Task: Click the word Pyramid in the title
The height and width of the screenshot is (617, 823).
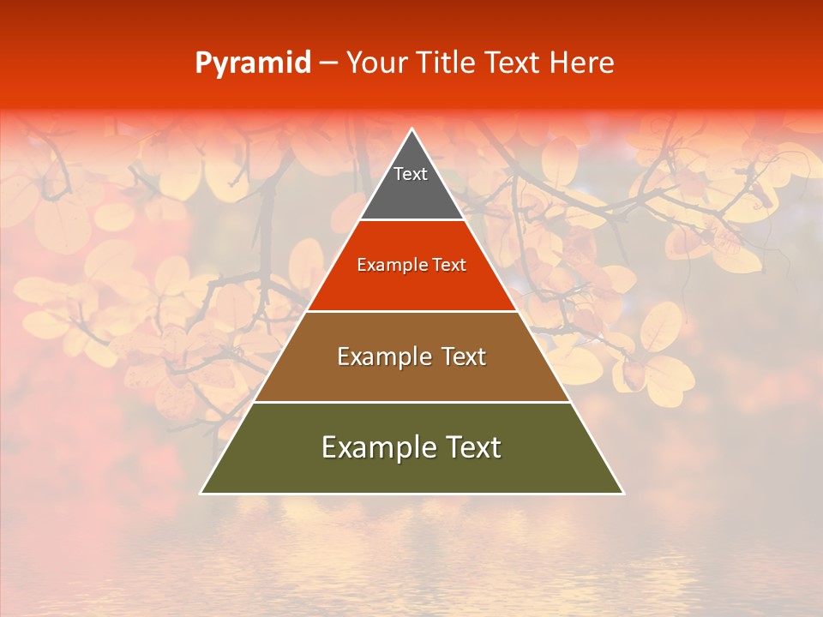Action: (252, 63)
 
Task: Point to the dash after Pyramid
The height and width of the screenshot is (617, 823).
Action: (327, 63)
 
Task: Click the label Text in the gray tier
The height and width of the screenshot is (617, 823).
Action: (411, 174)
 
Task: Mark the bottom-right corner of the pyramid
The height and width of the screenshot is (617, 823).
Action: (622, 493)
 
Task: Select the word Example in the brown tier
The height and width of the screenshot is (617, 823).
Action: (381, 356)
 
